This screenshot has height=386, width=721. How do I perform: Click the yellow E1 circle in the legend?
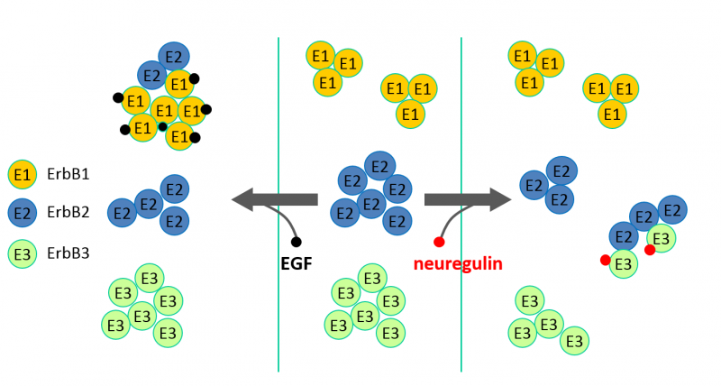point(23,174)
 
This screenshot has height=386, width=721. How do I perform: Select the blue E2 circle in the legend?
point(23,213)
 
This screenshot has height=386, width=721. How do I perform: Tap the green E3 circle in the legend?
point(23,253)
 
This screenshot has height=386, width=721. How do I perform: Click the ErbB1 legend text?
point(68,174)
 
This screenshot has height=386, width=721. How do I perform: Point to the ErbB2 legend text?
point(68,214)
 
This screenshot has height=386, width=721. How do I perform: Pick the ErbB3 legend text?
point(68,253)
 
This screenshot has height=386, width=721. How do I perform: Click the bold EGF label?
point(297,264)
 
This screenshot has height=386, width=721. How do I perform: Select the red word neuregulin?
point(458,264)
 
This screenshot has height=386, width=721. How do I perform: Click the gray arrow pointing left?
point(275,199)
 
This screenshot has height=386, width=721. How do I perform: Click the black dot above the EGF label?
point(297,242)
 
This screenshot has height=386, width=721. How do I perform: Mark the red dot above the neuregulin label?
point(440,242)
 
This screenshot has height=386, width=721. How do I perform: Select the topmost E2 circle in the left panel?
point(174,56)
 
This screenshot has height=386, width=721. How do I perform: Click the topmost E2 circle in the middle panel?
point(380,166)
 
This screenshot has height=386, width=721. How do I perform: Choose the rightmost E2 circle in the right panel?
point(671,211)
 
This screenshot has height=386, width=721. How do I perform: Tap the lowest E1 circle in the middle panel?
point(411,115)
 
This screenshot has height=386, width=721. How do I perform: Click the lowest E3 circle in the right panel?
point(575,342)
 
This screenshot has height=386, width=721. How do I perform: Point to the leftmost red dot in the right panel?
point(606,261)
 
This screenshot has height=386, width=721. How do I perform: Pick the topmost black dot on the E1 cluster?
point(194,78)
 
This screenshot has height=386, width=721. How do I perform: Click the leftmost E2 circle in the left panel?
point(123,213)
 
